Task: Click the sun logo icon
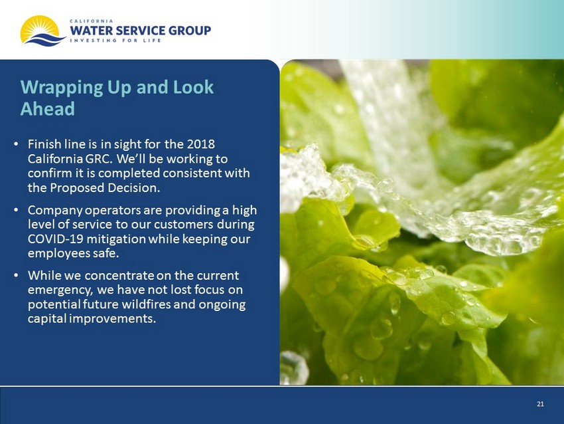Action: click(x=42, y=31)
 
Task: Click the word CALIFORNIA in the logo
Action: click(x=92, y=21)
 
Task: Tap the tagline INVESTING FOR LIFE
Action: click(x=115, y=41)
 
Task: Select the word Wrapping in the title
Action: click(x=62, y=88)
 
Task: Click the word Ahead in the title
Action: click(x=48, y=108)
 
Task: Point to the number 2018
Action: click(x=200, y=144)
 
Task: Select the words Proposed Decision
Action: click(x=105, y=187)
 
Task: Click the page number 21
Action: click(x=540, y=404)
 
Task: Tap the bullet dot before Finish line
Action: click(x=16, y=144)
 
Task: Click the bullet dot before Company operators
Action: click(x=16, y=209)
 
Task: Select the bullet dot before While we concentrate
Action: click(x=16, y=275)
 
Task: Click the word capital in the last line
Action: click(x=47, y=319)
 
